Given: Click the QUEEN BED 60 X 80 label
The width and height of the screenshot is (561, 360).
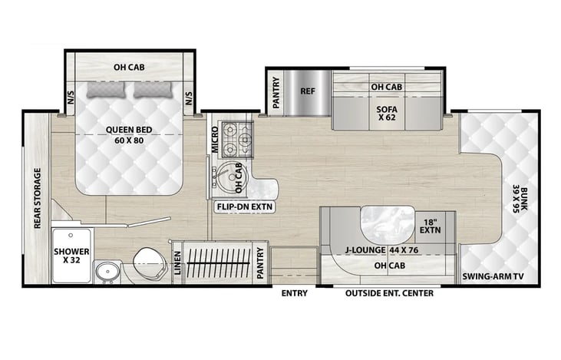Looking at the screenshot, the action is pyautogui.click(x=129, y=135).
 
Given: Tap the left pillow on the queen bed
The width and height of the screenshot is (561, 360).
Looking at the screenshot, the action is pyautogui.click(x=106, y=90).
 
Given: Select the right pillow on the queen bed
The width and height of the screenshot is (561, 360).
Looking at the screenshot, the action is pyautogui.click(x=153, y=90).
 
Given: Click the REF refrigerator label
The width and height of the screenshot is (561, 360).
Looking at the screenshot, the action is pyautogui.click(x=308, y=91).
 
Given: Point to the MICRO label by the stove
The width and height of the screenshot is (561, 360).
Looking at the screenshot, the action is pyautogui.click(x=215, y=140).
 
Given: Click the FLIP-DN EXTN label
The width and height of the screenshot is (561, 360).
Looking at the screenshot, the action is pyautogui.click(x=245, y=206).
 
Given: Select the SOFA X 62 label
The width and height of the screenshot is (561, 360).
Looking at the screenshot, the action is pyautogui.click(x=387, y=114).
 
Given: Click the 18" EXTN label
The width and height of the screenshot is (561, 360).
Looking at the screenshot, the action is pyautogui.click(x=431, y=226).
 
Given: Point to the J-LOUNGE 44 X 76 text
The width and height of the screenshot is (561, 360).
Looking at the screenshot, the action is pyautogui.click(x=381, y=249).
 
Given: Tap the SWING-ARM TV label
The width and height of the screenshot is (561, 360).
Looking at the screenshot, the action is pyautogui.click(x=493, y=276).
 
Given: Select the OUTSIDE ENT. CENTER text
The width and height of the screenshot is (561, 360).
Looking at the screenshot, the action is pyautogui.click(x=389, y=293).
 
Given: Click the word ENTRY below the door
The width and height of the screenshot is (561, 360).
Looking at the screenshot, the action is pyautogui.click(x=295, y=293).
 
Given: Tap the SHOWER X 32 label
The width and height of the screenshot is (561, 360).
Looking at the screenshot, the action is pyautogui.click(x=71, y=256).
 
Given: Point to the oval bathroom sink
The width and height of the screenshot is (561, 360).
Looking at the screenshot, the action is pyautogui.click(x=107, y=272).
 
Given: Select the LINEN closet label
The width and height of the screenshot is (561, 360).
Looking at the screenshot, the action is pyautogui.click(x=177, y=263).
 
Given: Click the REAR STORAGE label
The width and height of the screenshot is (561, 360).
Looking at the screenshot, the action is pyautogui.click(x=37, y=198).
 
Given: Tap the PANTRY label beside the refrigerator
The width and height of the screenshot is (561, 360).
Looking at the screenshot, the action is pyautogui.click(x=276, y=93).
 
